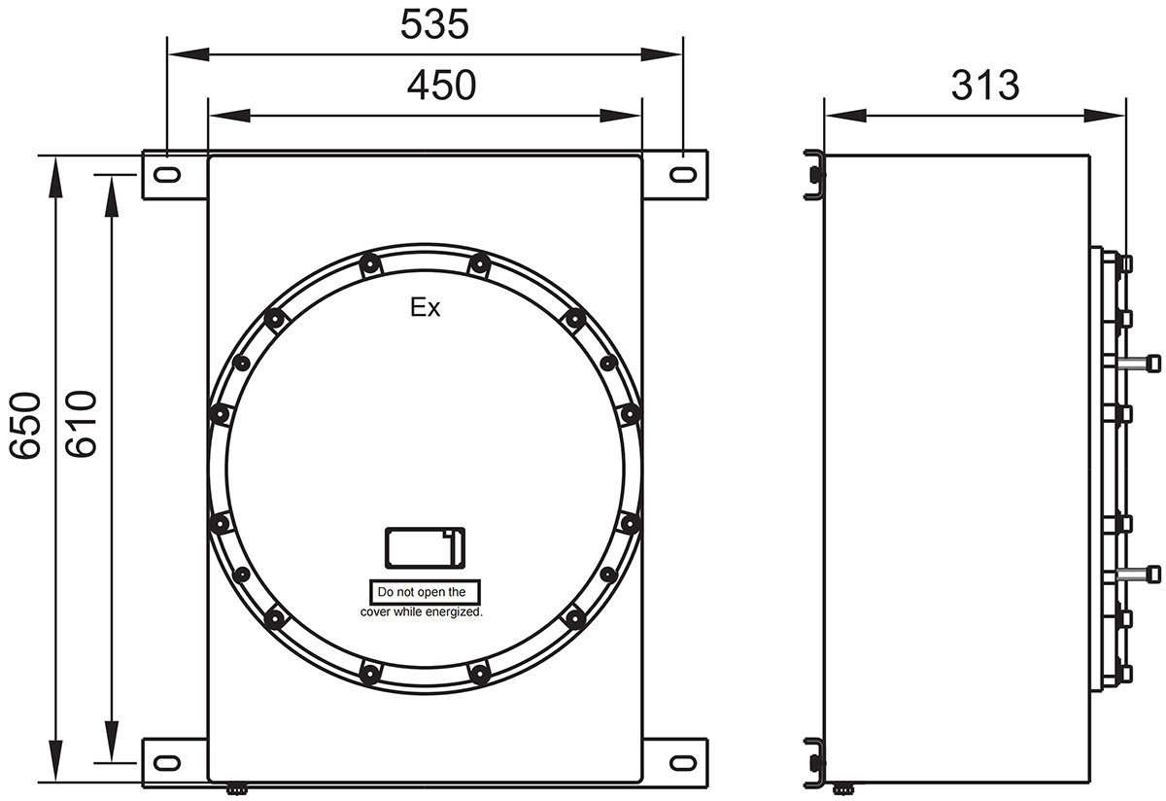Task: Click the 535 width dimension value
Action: point(434,26)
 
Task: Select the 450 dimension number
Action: point(441,87)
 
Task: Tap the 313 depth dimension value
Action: point(984,86)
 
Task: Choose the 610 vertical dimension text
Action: point(80,425)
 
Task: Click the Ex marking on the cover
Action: point(425,309)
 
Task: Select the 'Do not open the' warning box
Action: point(425,591)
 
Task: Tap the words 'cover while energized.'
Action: point(422,612)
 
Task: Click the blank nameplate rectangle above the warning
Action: point(425,547)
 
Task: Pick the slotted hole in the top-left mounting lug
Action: point(166,175)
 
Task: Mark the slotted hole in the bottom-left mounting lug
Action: point(166,761)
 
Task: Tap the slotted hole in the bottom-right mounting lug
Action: point(683,761)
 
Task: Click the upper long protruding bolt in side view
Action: point(1138,364)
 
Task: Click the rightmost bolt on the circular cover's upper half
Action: point(630,415)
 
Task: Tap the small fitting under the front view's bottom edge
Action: point(237,789)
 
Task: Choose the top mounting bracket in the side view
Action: point(814,176)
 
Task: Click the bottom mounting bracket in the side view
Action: point(814,763)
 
